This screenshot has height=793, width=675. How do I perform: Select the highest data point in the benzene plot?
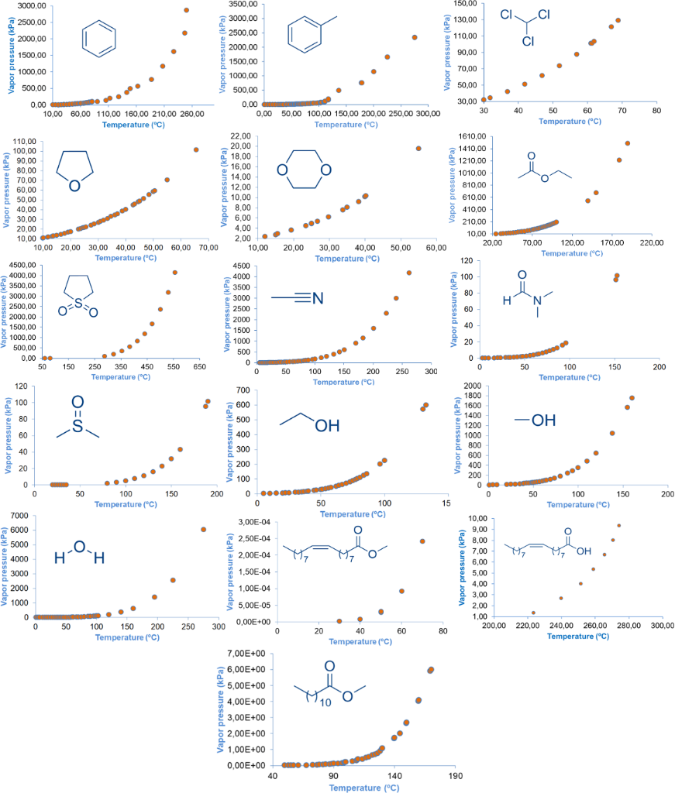click(x=186, y=10)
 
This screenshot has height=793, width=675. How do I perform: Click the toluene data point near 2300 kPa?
click(x=415, y=37)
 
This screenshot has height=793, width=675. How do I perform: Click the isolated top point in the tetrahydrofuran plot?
click(x=196, y=149)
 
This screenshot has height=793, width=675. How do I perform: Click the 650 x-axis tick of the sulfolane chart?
click(x=199, y=366)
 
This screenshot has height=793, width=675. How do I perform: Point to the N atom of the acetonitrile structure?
click(x=317, y=297)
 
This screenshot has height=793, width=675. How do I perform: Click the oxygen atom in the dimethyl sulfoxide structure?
click(x=77, y=402)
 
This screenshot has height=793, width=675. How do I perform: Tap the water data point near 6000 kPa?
click(x=203, y=530)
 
